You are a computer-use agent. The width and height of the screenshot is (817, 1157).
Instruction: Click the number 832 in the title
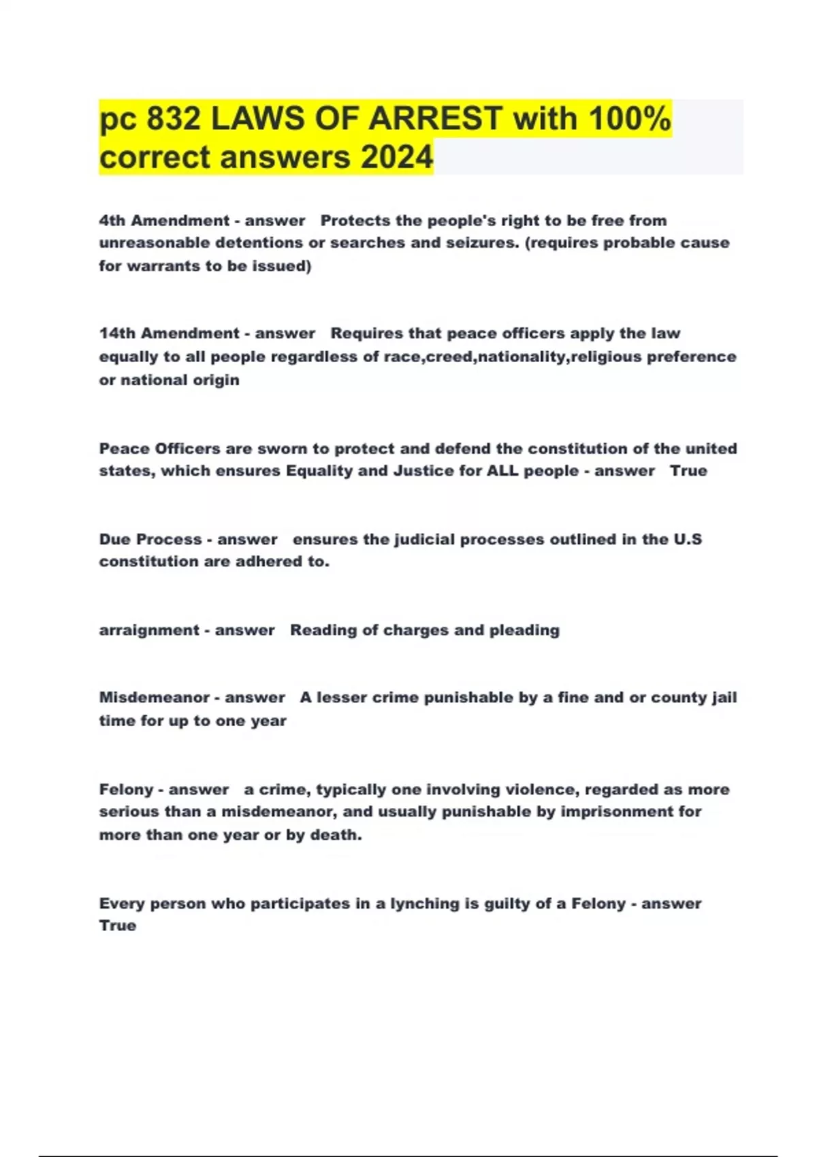pos(174,119)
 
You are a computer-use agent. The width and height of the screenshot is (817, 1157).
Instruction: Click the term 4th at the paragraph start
pos(112,221)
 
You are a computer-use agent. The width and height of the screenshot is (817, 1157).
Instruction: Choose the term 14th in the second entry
pos(117,333)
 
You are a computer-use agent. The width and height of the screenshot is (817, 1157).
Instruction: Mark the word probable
pos(638,243)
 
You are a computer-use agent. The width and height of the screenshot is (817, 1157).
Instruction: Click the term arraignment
pos(149,630)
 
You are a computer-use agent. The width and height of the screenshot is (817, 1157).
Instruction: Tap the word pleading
pos(524,630)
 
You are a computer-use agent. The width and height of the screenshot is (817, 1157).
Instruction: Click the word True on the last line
pos(118,926)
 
